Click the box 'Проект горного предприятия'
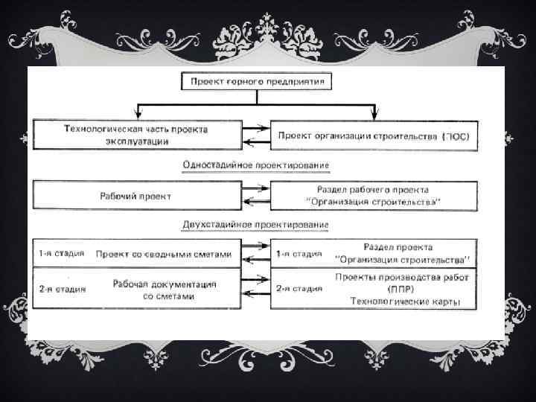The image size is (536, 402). coord(256,80)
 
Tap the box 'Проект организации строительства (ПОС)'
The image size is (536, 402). coord(374,136)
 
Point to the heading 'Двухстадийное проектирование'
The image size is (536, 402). coord(255,224)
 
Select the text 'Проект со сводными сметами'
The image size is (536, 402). coord(164,255)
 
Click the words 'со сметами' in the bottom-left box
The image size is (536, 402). coord(168,296)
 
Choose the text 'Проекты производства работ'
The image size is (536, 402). coord(397,276)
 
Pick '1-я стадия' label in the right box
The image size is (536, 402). coord(299,255)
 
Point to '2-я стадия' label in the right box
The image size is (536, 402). coord(299,287)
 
